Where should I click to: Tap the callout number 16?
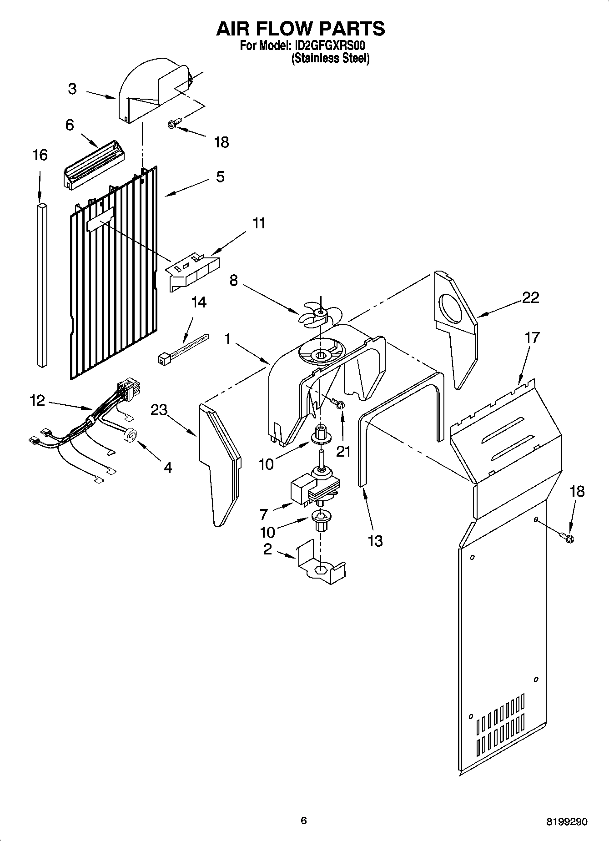[x=40, y=156]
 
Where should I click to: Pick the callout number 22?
[x=530, y=298]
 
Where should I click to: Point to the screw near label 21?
[x=338, y=403]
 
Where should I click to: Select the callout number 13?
[x=375, y=541]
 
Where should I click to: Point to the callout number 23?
[x=159, y=410]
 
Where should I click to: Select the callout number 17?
[x=532, y=337]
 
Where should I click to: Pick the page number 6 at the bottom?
[x=304, y=821]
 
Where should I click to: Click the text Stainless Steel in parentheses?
[x=330, y=58]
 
